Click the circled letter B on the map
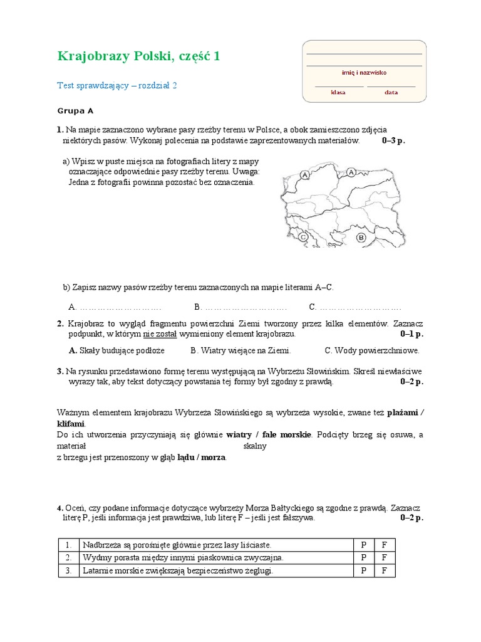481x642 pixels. tap(361, 238)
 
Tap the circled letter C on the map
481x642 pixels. tap(303, 237)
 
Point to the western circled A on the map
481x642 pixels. tap(304, 176)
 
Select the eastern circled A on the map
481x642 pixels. tap(351, 171)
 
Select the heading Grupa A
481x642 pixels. tap(75, 111)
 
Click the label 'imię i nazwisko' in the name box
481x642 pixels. tap(364, 73)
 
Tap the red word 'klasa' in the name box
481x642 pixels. tap(338, 92)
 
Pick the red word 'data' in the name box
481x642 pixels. tap(391, 92)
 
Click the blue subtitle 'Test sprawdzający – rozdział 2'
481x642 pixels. tap(117, 86)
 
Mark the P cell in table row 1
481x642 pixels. tap(363, 545)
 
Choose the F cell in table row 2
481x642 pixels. tap(385, 557)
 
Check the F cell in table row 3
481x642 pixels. tap(385, 571)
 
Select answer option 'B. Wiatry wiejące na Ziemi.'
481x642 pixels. tap(240, 350)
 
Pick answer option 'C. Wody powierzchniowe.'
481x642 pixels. tap(372, 350)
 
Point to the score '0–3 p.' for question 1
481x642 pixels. tap(393, 140)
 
